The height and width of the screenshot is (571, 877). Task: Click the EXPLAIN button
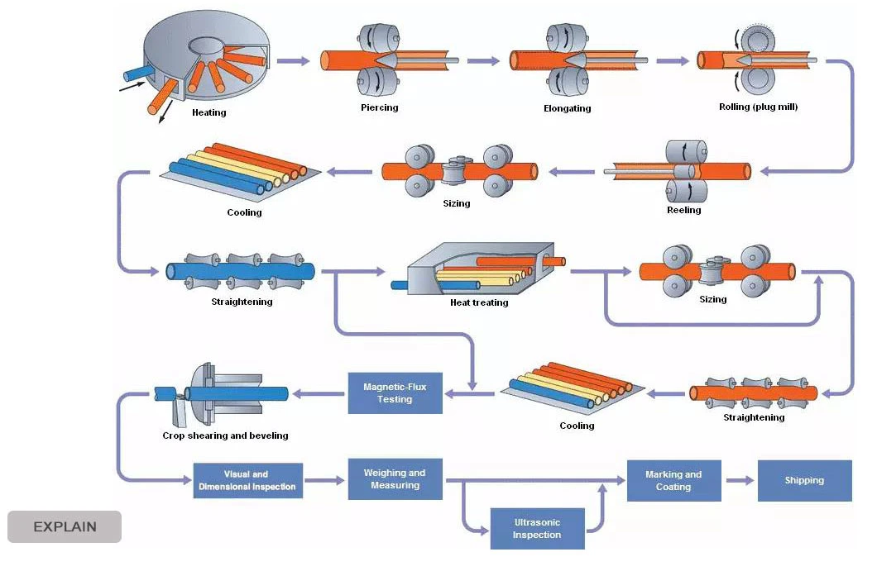click(65, 526)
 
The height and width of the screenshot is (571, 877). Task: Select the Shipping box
click(804, 481)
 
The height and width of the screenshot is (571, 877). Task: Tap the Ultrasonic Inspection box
click(537, 529)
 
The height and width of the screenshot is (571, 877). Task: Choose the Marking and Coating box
click(673, 481)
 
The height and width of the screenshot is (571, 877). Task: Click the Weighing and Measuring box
click(395, 479)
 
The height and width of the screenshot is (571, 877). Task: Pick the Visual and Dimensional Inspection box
click(247, 481)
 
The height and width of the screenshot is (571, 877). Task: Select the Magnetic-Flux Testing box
click(395, 393)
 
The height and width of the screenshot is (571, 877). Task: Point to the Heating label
click(208, 112)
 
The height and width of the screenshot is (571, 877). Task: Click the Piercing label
click(380, 107)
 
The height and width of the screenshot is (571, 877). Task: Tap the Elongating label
click(567, 108)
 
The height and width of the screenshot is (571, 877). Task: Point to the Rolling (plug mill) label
click(758, 107)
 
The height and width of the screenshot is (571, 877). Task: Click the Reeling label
click(683, 210)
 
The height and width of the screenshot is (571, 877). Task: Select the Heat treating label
click(479, 302)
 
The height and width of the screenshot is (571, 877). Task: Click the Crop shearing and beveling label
click(225, 435)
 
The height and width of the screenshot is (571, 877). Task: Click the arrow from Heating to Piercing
click(291, 60)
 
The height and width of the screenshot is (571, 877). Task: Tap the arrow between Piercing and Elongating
click(483, 60)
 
